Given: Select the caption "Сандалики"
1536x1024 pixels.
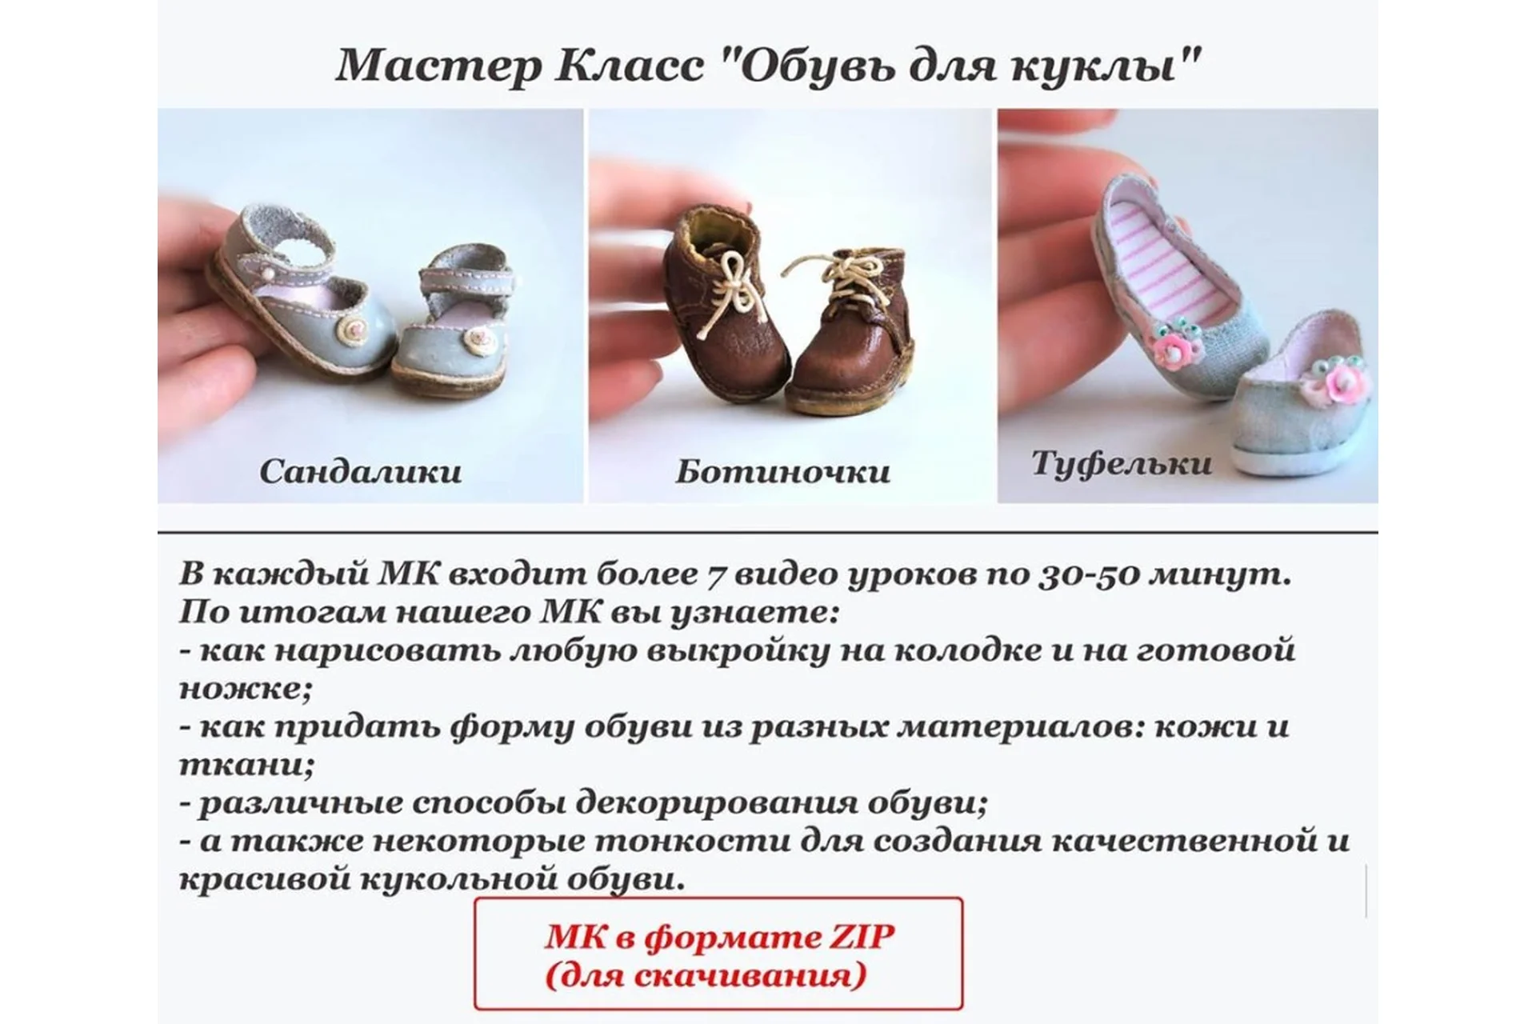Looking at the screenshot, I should [x=360, y=471].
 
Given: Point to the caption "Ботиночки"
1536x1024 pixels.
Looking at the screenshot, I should [x=782, y=471].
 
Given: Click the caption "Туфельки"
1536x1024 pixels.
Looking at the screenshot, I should [x=1122, y=463].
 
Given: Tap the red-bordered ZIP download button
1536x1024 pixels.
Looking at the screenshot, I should [x=718, y=953].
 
